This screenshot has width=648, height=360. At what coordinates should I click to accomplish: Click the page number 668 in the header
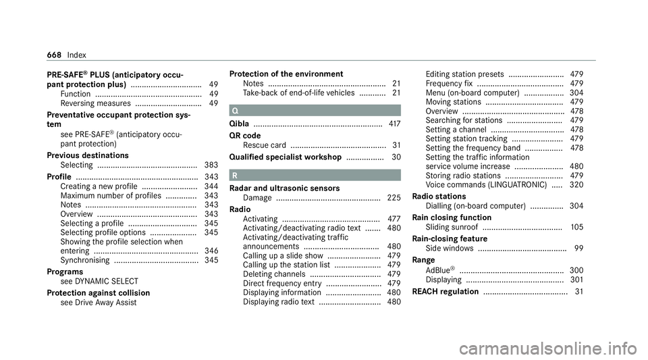[59, 53]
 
